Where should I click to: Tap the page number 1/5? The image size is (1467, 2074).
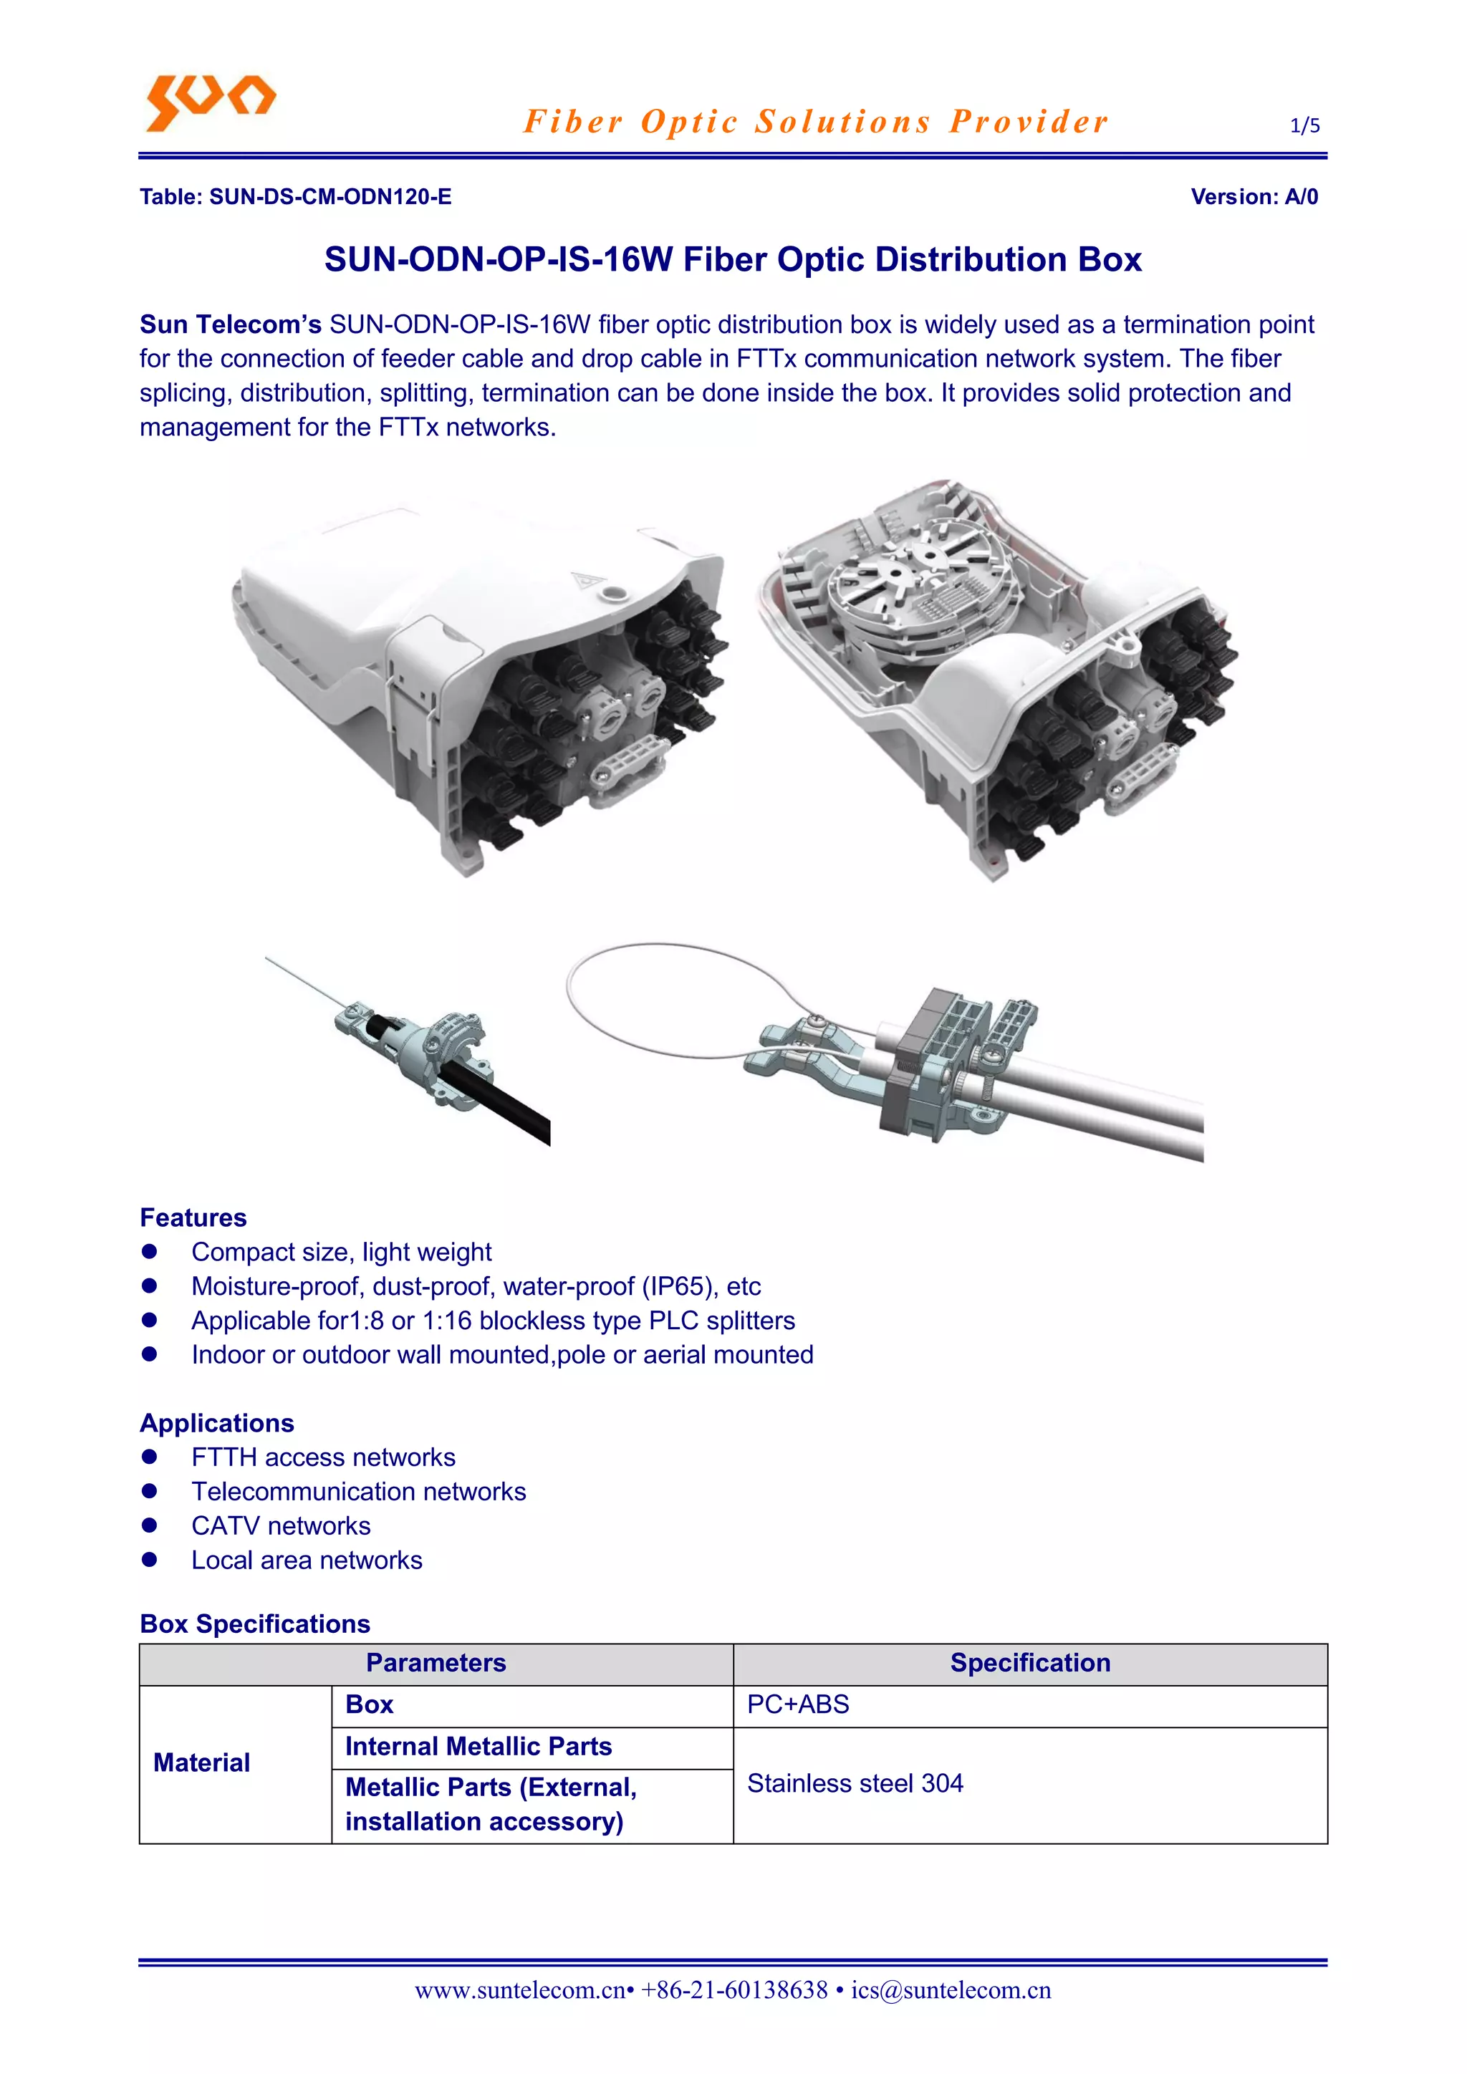pos(1304,125)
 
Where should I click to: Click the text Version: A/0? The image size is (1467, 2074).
pos(1254,197)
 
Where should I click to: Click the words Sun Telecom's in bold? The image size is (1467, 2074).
pos(231,324)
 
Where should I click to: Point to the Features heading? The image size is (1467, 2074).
pos(193,1217)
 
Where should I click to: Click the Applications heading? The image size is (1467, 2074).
pos(217,1423)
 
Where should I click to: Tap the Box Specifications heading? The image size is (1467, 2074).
pos(255,1624)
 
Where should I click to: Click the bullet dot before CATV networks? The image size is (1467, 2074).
pos(150,1525)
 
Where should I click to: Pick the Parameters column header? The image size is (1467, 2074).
pos(436,1663)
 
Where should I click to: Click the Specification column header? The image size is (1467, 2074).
pos(1030,1663)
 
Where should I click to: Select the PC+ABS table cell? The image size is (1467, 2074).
pos(798,1704)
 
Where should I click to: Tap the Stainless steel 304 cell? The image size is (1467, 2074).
pos(855,1784)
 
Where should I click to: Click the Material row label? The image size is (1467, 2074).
pos(201,1762)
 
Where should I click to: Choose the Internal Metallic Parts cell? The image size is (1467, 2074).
pos(478,1746)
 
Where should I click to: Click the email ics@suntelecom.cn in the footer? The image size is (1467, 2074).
pos(951,1990)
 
